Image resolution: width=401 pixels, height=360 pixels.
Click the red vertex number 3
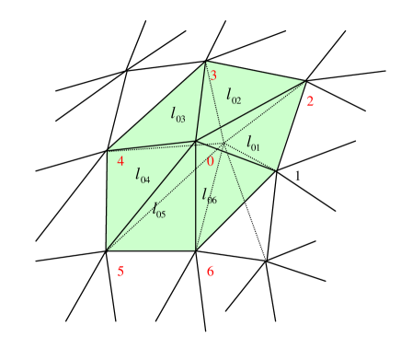[213, 75]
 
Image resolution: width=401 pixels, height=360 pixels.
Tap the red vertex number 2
[310, 101]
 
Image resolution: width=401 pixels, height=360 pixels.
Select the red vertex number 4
[120, 162]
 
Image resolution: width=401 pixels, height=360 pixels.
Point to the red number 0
[210, 162]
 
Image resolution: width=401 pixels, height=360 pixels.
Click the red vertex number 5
[120, 271]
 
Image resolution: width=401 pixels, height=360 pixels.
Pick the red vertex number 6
[210, 271]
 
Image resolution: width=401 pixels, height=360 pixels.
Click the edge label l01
[253, 143]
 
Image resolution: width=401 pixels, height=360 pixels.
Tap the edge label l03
[178, 114]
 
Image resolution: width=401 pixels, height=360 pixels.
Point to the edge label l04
[143, 175]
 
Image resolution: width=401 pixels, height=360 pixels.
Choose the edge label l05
[159, 210]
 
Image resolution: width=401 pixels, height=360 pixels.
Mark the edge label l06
[210, 195]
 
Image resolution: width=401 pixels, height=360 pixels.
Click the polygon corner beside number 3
[206, 62]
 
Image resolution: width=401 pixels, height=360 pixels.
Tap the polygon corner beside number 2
[305, 81]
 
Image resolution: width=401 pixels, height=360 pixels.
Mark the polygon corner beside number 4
[108, 150]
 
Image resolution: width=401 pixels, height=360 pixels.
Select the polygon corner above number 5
[107, 250]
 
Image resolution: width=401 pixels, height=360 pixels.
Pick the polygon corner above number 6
[195, 250]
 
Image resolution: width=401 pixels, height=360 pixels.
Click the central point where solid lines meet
[195, 141]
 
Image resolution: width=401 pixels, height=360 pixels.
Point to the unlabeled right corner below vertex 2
[276, 170]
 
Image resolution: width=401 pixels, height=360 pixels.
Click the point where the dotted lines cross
[223, 145]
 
